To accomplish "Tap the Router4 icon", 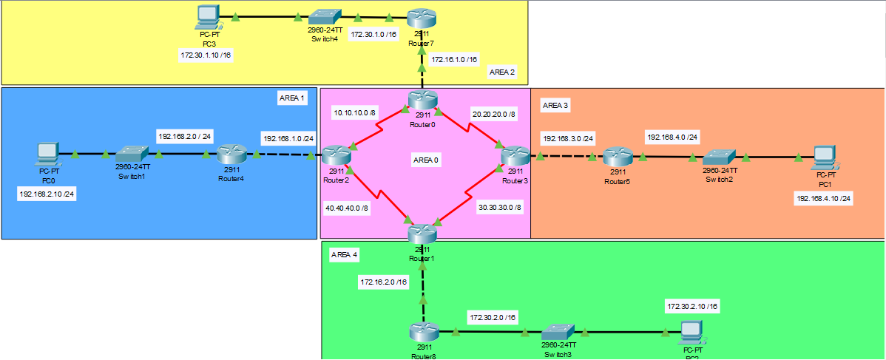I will [x=230, y=154].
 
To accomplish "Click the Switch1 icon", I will [x=132, y=154].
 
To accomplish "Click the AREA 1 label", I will [x=292, y=98].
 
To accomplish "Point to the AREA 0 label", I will [x=425, y=160].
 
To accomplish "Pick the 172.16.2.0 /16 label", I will [x=383, y=282].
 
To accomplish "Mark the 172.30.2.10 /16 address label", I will [x=692, y=306].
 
